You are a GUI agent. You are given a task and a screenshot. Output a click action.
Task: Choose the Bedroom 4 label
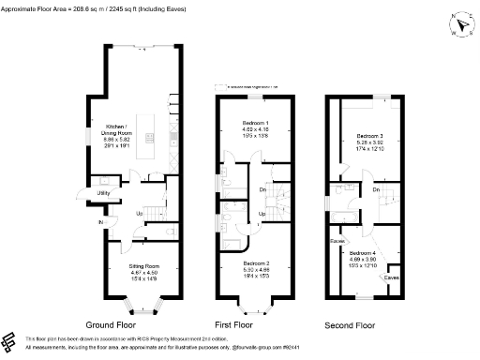coord(362,253)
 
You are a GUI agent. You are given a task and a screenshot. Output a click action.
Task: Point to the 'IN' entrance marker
coord(99,222)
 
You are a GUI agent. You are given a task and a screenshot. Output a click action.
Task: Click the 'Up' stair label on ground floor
coord(140,213)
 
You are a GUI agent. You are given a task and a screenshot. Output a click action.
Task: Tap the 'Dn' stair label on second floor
coord(375,190)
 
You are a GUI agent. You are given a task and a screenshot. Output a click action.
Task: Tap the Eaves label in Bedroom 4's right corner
coord(390,277)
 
